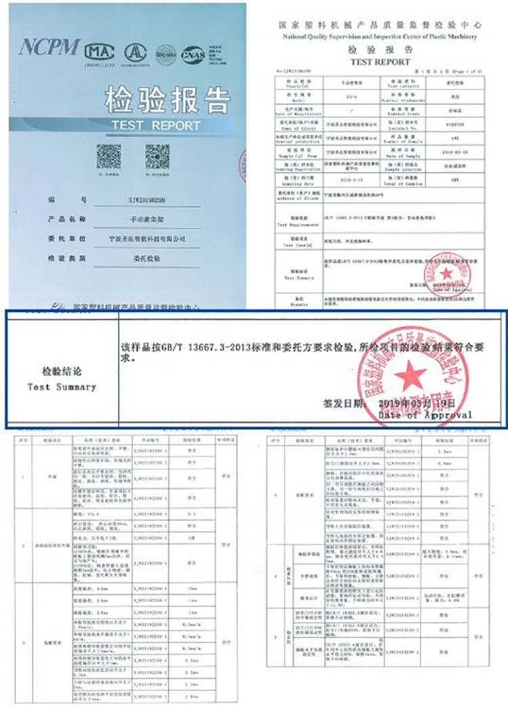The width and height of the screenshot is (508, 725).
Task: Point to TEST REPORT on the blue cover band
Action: click(x=156, y=125)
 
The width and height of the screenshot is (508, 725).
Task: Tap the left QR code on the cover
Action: click(x=108, y=157)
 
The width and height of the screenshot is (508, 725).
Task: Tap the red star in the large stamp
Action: click(x=409, y=375)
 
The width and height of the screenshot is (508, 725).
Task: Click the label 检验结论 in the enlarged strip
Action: click(x=62, y=372)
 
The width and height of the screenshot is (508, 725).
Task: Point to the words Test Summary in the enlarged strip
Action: click(x=62, y=387)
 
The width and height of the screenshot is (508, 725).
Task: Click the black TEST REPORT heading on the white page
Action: click(x=380, y=62)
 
